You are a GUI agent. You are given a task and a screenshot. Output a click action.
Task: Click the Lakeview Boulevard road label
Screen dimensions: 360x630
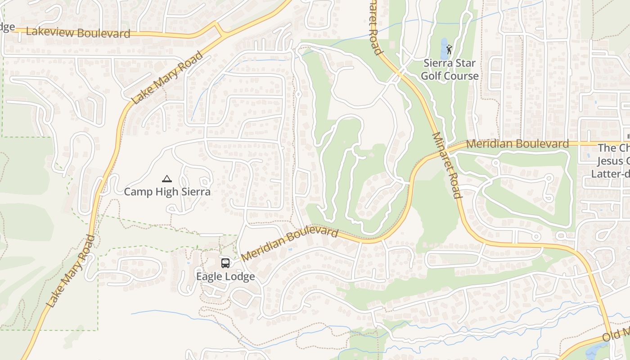78,32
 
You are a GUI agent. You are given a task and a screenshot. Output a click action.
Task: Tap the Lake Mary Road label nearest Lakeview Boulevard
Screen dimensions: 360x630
167,77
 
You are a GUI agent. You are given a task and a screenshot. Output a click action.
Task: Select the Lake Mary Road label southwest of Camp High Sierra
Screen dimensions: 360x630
71,271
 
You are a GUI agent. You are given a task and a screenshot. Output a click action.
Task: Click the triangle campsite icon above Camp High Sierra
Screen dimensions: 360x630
167,179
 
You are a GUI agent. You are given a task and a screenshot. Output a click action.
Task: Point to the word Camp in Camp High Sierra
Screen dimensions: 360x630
138,192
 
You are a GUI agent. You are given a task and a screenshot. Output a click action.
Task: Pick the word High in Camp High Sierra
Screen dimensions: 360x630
166,192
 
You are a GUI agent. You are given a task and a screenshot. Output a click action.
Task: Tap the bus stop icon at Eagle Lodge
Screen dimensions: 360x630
225,263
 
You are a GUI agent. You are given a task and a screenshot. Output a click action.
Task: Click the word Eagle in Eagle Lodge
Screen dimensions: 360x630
210,276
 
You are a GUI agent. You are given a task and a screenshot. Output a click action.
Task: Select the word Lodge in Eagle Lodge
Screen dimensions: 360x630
240,276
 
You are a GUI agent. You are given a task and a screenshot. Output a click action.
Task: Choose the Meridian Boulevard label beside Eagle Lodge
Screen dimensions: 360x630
290,244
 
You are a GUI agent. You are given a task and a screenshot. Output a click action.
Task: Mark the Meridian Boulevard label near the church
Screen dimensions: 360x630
517,144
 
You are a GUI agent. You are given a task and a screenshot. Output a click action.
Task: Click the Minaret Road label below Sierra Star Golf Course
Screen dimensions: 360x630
446,165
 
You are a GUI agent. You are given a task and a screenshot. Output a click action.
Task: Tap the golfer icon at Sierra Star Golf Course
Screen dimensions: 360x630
449,49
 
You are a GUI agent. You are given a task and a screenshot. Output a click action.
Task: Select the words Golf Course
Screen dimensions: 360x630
450,76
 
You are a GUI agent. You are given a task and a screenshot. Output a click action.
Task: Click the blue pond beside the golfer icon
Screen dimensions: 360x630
443,49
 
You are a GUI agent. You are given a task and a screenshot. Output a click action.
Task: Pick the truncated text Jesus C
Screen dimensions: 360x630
613,161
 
